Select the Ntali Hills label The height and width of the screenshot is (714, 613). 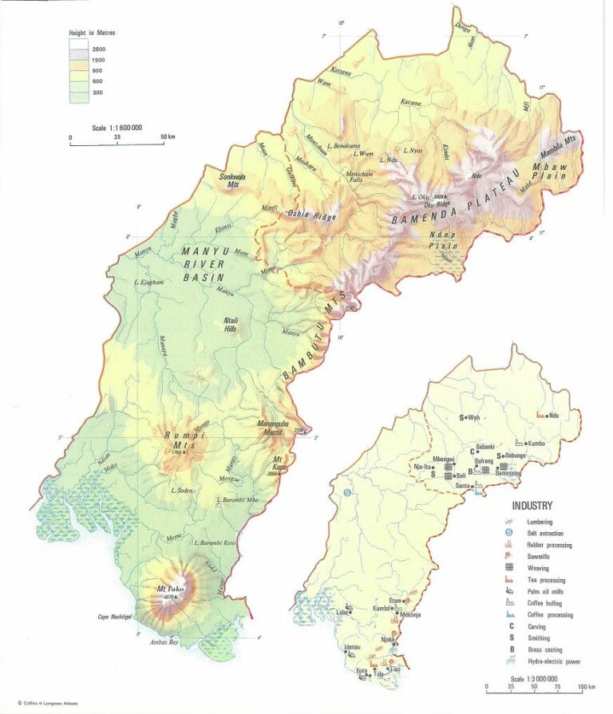(234, 325)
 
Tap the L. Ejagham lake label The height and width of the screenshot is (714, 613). (150, 282)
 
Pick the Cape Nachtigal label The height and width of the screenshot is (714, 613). (114, 616)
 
